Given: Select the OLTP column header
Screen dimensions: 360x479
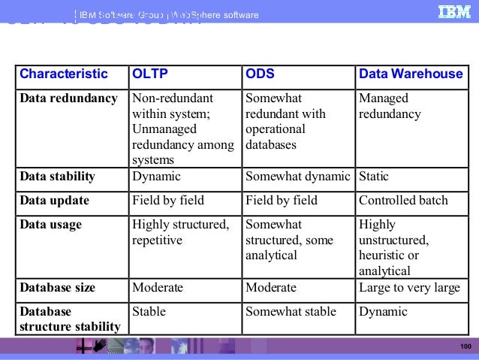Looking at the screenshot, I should [x=150, y=74].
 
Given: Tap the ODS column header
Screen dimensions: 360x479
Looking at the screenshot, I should [x=260, y=74].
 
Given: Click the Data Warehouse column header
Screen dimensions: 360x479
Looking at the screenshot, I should [x=411, y=74].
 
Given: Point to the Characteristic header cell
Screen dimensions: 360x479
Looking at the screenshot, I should [x=64, y=74].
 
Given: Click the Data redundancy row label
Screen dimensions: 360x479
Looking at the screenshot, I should [x=68, y=98].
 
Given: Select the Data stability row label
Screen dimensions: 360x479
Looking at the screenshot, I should [x=58, y=177].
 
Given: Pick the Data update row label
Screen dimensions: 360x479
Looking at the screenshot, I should [x=55, y=201].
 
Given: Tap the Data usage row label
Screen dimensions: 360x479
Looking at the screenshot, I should [x=51, y=225].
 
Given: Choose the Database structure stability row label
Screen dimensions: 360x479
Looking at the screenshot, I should [x=70, y=319].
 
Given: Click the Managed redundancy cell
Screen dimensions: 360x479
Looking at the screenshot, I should [x=390, y=106].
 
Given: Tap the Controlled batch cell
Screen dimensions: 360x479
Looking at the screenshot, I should [x=403, y=201].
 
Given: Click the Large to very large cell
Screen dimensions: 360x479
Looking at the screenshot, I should [x=409, y=288].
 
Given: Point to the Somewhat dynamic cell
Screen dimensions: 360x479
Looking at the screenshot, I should [x=298, y=177].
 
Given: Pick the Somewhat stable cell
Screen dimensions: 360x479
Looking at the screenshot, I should [x=291, y=311].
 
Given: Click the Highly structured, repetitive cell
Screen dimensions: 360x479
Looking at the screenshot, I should [x=180, y=232].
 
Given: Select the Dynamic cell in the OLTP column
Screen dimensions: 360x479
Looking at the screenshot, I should [x=156, y=177].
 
